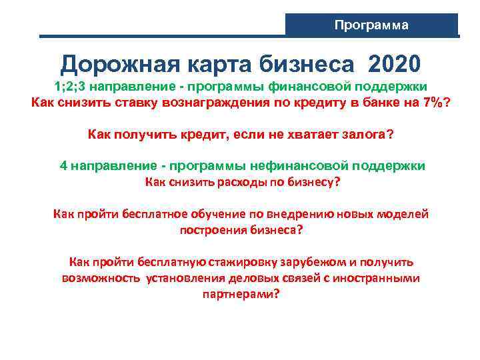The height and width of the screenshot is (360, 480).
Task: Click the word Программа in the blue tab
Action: (371, 25)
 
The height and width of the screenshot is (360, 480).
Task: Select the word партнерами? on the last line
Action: (241, 293)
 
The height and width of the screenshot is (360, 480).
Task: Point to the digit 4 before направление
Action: (63, 166)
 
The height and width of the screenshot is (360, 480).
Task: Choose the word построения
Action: (214, 229)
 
